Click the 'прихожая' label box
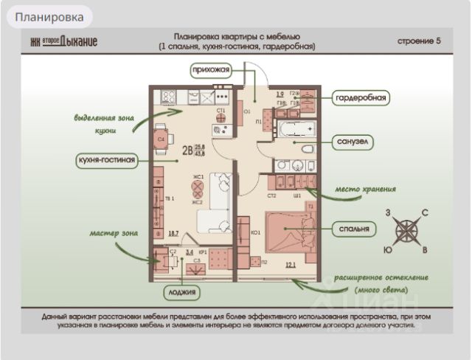click(211, 70)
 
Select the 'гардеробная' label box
click(361, 97)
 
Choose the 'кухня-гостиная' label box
click(107, 160)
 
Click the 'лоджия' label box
click(182, 293)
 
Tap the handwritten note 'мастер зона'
click(114, 233)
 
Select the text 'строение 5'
click(419, 41)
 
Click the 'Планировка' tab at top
click(49, 15)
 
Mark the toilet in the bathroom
click(305, 149)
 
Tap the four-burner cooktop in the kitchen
click(167, 96)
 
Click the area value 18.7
click(173, 233)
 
